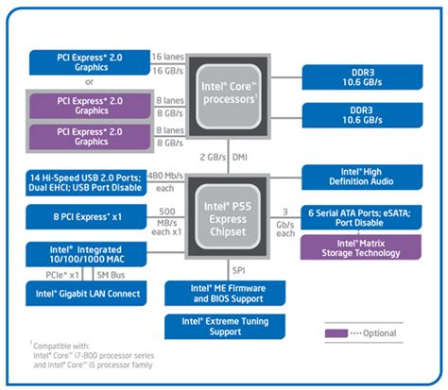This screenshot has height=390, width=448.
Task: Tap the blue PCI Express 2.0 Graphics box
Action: [91, 63]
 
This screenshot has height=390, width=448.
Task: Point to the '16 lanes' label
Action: [170, 57]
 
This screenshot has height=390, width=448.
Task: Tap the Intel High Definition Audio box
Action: [368, 177]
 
